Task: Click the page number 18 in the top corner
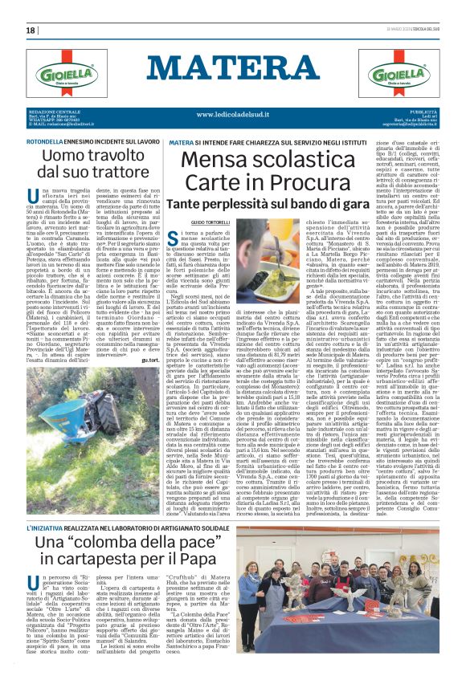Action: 31,30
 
